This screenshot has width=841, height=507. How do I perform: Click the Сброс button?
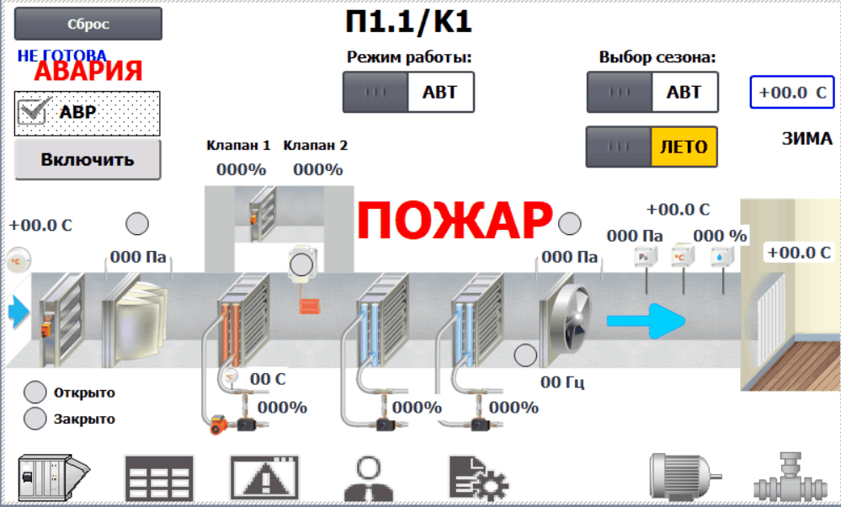88,24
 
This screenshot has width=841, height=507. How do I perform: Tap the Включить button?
88,159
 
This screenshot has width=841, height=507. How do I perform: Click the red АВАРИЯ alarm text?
88,72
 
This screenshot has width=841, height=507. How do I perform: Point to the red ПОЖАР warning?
455,221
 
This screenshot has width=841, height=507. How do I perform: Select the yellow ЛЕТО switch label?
684,147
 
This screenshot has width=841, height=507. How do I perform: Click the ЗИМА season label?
806,138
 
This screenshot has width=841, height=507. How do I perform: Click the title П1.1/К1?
408,21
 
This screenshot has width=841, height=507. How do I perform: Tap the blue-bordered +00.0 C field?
792,93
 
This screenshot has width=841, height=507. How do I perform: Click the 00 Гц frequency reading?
562,382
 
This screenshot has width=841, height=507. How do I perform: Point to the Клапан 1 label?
239,145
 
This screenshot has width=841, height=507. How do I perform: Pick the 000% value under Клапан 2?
318,169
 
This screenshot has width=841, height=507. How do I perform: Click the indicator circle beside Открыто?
35,392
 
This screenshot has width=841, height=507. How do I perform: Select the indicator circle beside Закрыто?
35,419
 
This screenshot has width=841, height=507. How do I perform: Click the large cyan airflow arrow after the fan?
646,321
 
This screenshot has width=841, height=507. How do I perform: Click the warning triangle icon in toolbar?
263,478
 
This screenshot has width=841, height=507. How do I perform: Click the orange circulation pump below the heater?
218,424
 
